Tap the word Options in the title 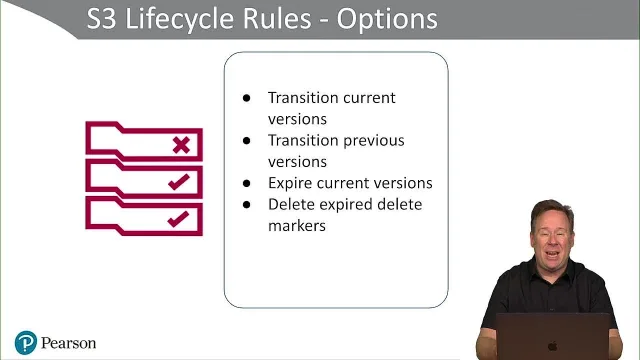[387, 20]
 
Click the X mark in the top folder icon [181, 145]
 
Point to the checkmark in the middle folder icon [179, 182]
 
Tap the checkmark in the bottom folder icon [178, 219]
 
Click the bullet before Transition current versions [247, 98]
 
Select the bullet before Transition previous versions [247, 141]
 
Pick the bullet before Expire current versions [247, 183]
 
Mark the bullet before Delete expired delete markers [247, 204]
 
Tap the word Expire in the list [289, 183]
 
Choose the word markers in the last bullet [297, 226]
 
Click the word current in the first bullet [369, 98]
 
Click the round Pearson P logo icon [26, 342]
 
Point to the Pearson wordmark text [69, 343]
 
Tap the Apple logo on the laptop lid [553, 347]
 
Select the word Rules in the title [277, 19]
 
